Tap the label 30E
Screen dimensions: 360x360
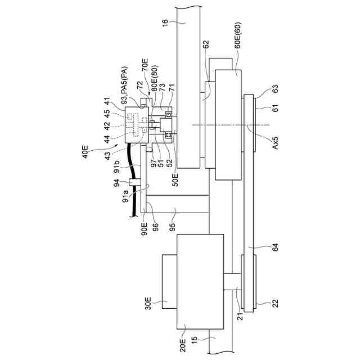point(148,304)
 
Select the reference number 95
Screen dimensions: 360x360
point(172,226)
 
